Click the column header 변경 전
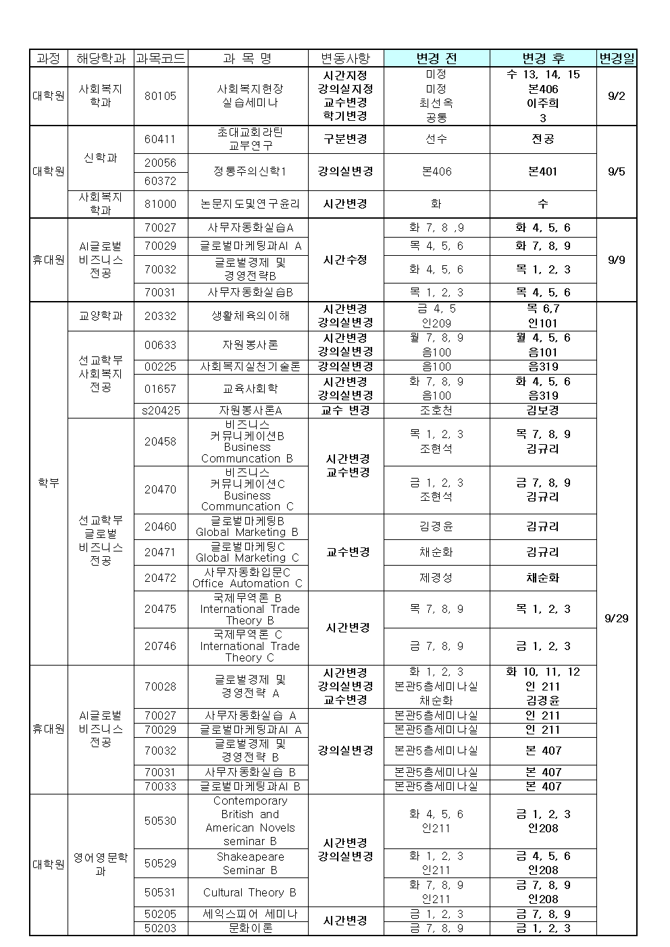[436, 59]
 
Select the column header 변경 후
[543, 59]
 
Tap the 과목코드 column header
[160, 59]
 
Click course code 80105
[160, 96]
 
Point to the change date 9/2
[616, 96]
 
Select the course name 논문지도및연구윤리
[250, 204]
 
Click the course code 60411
[160, 139]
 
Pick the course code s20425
[160, 410]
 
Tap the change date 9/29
[616, 618]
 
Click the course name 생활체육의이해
[250, 316]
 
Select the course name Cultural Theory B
[250, 892]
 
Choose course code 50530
[160, 821]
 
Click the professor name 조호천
[436, 410]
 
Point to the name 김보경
[543, 410]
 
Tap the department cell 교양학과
[101, 316]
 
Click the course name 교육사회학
[250, 389]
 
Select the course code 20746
[160, 646]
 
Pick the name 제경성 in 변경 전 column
[436, 578]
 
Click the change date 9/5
[616, 171]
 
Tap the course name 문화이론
[250, 928]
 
